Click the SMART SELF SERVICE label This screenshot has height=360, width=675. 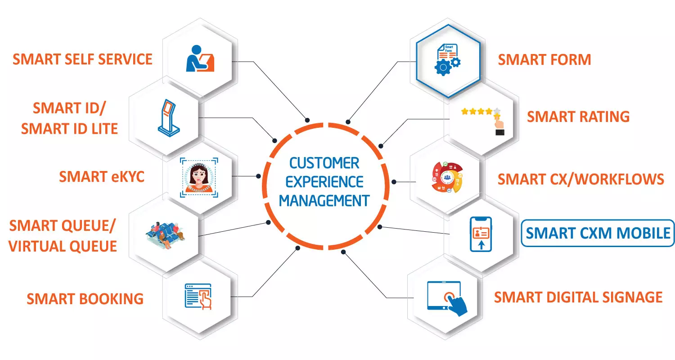pos(82,59)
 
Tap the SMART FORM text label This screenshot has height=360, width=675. pos(544,59)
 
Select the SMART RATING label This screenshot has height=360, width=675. pos(578,117)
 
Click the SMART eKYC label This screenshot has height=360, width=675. pos(102,176)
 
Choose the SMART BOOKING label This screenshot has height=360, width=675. pos(85,299)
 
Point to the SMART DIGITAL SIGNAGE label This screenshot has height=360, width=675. pos(578,297)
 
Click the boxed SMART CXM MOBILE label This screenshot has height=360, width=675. pos(598,233)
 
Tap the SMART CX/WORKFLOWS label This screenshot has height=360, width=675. pos(580,179)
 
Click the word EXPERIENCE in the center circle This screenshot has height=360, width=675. pos(324,182)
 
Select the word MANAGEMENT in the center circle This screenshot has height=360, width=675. pos(324,201)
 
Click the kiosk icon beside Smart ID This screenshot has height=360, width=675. pos(169,118)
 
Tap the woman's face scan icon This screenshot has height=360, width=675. pos(199,177)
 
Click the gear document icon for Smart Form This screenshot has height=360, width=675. pos(447,60)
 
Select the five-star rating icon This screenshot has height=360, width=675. pos(483,121)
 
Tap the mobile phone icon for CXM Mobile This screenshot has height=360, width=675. pos(481,234)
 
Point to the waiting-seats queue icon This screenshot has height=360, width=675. pos(166,235)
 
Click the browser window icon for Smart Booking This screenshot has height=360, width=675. pos(198,297)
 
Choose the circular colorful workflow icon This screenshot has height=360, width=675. pos(447,177)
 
